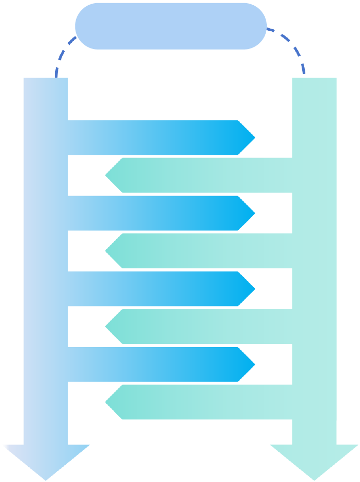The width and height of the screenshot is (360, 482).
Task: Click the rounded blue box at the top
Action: click(x=170, y=26)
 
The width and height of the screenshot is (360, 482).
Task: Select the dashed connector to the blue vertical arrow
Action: click(x=62, y=54)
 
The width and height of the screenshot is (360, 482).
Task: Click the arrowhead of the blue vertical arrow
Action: click(x=46, y=461)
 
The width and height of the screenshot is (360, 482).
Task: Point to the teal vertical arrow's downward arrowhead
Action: click(x=314, y=461)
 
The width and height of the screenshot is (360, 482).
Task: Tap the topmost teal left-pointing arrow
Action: click(x=203, y=175)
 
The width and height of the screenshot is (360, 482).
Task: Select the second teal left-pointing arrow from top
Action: click(x=203, y=251)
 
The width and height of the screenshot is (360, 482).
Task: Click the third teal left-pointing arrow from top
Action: click(x=203, y=327)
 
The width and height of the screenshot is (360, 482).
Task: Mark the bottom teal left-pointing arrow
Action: click(x=203, y=402)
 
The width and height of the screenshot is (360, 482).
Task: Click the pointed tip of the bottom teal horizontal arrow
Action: click(x=108, y=402)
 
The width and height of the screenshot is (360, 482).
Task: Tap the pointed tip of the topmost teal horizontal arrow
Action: click(x=108, y=175)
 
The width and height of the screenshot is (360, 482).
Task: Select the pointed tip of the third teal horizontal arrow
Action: click(x=108, y=327)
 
